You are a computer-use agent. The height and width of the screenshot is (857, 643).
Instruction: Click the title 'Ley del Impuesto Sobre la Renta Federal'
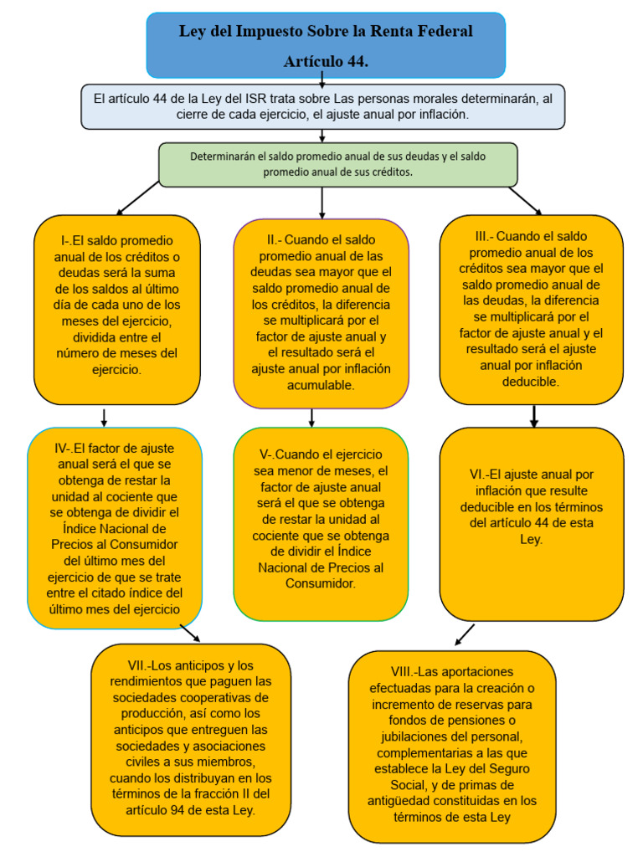326,32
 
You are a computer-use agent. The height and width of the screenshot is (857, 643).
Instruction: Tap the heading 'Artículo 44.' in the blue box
326,62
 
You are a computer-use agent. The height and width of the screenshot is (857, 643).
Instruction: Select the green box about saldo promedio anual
337,163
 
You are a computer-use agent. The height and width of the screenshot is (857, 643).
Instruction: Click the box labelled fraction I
117,310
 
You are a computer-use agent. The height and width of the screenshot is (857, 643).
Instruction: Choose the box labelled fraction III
531,310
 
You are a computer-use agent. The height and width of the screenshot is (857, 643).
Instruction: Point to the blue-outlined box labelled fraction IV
114,527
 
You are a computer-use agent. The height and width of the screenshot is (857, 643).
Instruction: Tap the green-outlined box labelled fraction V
321,523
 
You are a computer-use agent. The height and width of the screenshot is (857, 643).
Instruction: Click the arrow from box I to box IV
104,417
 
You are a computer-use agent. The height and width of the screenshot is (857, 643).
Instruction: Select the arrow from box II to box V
311,417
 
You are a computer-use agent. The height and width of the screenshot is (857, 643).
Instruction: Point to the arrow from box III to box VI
534,416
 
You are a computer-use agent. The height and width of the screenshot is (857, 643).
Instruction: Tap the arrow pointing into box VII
190,633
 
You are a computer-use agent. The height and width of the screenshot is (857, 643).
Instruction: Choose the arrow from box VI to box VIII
465,635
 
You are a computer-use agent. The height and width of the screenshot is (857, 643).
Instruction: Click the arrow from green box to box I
138,198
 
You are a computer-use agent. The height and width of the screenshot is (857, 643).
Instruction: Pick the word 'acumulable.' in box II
321,385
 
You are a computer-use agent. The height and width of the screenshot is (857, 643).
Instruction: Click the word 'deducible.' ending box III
531,381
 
